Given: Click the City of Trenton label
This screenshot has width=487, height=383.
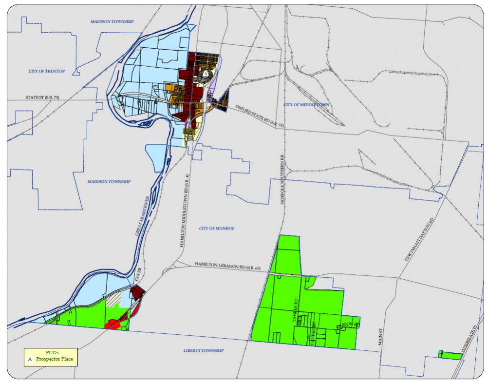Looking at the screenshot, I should click(47, 71).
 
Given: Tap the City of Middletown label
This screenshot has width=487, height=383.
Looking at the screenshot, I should click(306, 105).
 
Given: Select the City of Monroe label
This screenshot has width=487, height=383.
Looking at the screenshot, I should click(217, 229).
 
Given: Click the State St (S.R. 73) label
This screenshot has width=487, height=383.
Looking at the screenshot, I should click(42, 98).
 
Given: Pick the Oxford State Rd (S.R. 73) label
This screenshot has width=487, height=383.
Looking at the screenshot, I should click(260, 115).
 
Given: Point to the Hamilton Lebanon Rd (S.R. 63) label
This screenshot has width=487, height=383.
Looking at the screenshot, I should click(228, 266).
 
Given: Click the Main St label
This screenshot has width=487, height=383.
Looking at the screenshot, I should click(380, 337).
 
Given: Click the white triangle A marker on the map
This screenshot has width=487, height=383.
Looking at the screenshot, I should click(206, 74).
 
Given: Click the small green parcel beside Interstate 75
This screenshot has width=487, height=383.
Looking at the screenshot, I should click(449, 355).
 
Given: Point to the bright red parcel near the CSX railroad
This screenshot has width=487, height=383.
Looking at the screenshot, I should click(116, 323).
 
